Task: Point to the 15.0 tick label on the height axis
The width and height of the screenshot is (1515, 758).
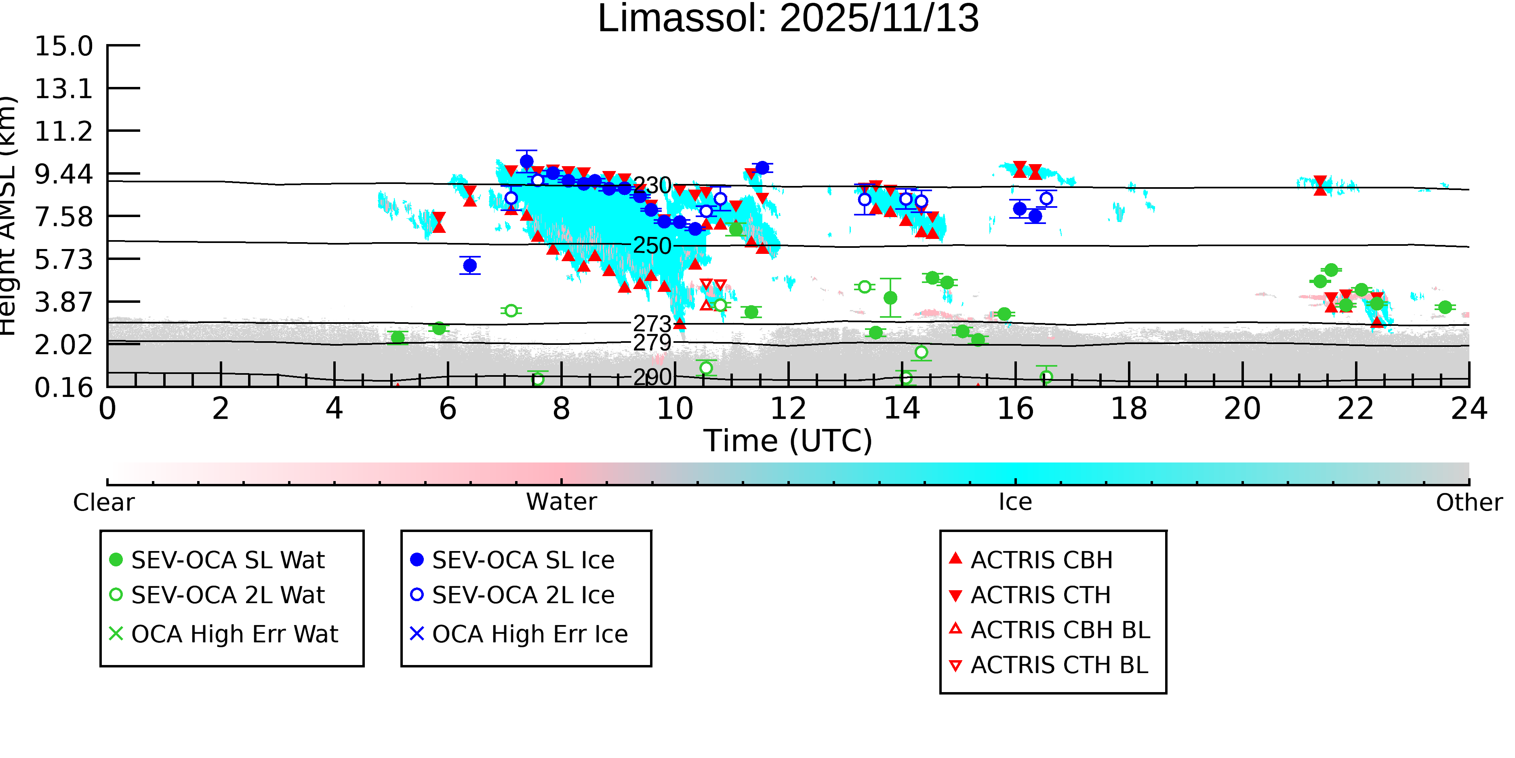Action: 63,46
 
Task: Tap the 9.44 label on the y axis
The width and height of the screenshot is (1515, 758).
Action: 63,174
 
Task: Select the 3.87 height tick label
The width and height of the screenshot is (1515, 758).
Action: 63,302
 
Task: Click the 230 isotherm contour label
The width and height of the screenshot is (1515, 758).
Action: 652,186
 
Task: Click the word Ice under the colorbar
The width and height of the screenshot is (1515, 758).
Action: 1015,503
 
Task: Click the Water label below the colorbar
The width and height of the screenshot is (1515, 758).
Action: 561,503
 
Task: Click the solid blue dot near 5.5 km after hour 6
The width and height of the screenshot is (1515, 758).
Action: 470,266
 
